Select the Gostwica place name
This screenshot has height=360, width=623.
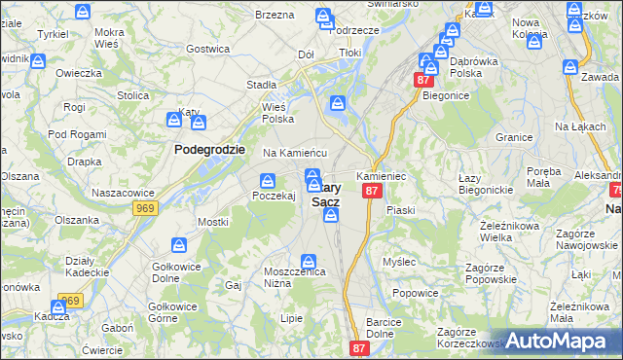pyautogui.click(x=207, y=48)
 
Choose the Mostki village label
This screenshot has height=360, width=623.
pyautogui.click(x=213, y=222)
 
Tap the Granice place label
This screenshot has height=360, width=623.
pyautogui.click(x=514, y=137)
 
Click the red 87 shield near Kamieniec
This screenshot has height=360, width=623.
pyautogui.click(x=371, y=192)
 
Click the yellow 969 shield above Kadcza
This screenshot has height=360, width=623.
pyautogui.click(x=70, y=301)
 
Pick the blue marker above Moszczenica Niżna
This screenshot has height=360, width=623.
pyautogui.click(x=309, y=260)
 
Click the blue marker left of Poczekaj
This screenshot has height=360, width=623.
pyautogui.click(x=267, y=178)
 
